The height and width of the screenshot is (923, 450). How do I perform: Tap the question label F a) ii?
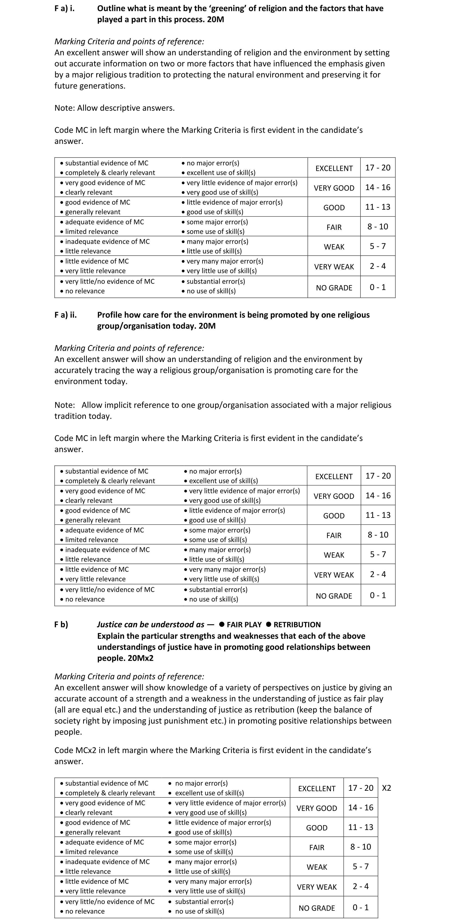66,315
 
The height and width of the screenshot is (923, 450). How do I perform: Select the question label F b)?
61,625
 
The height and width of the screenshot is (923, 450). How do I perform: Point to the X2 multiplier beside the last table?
386,788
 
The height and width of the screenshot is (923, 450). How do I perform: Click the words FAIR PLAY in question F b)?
244,625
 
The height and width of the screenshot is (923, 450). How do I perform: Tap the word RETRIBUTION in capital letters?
297,625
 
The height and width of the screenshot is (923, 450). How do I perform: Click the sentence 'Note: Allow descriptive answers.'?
114,108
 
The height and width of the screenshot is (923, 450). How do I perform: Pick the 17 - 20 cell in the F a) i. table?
378,168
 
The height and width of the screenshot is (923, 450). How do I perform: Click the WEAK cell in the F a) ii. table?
334,555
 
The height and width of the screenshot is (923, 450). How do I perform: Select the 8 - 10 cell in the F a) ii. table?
378,535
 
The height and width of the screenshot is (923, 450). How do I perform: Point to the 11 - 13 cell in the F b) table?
360,827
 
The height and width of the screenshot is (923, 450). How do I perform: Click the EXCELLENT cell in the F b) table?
317,789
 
